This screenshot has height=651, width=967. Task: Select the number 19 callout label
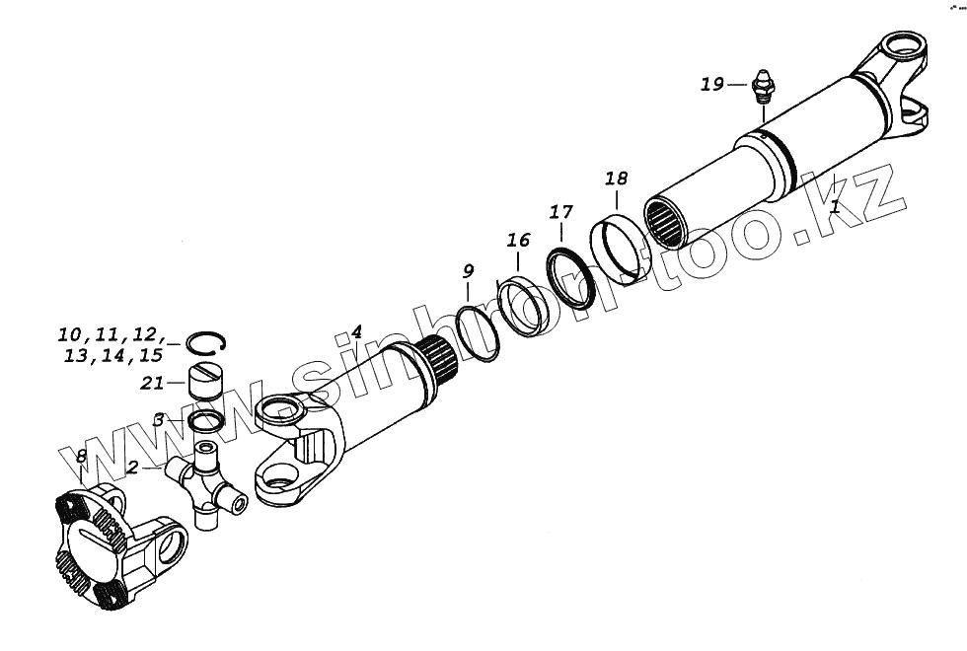[x=712, y=85]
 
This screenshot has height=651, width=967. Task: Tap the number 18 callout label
[x=616, y=179]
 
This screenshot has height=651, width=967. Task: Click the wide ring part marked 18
[x=617, y=249]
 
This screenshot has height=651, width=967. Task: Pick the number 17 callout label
[x=560, y=212]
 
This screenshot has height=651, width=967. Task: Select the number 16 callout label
[x=518, y=240]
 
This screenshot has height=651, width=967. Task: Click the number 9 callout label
[x=468, y=270]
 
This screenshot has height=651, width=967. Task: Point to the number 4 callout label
[x=357, y=332]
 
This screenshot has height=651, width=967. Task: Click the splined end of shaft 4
[x=436, y=360]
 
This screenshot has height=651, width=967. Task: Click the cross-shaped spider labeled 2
[x=205, y=482]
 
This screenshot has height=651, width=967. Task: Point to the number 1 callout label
[x=835, y=208]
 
